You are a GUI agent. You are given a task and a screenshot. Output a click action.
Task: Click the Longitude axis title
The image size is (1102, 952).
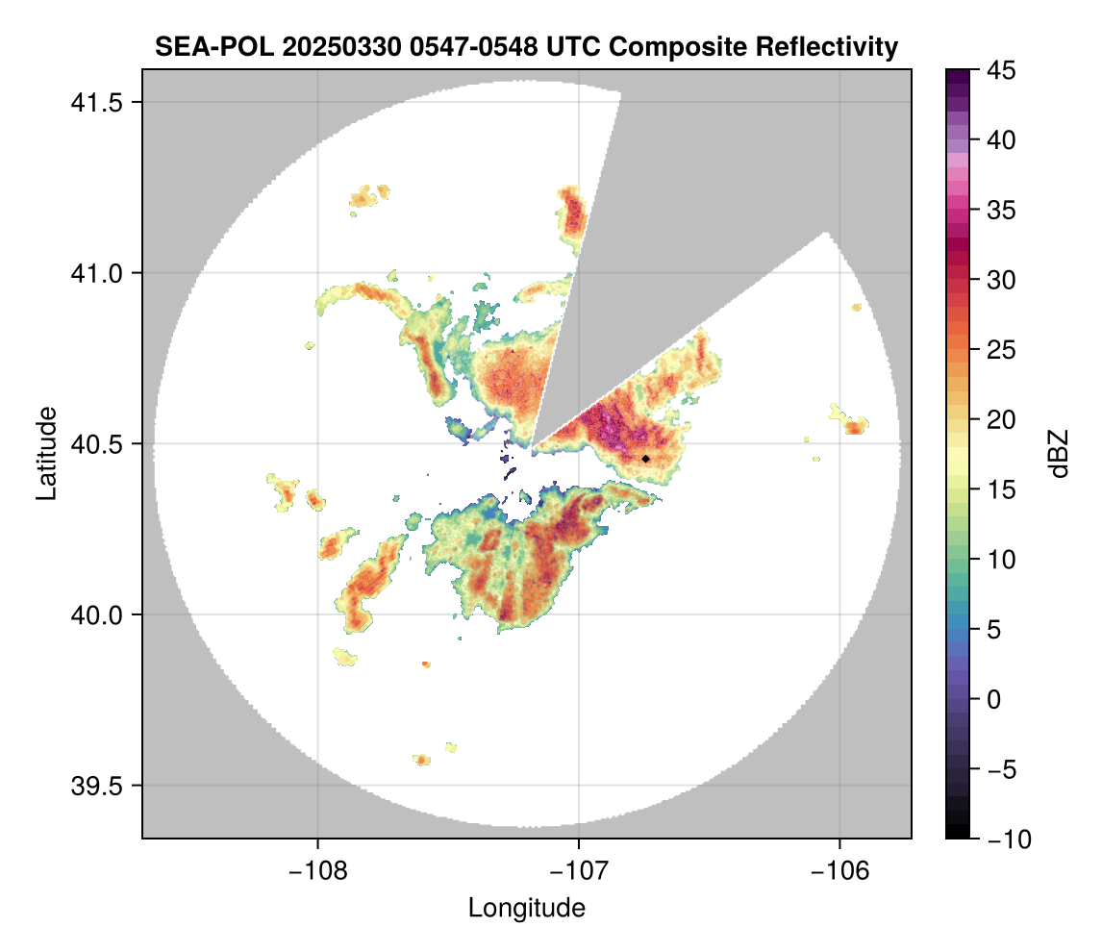click(x=527, y=907)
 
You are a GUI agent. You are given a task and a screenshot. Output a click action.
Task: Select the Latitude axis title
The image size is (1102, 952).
click(x=46, y=453)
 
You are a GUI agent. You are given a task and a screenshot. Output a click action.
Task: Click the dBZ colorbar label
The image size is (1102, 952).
click(x=1059, y=454)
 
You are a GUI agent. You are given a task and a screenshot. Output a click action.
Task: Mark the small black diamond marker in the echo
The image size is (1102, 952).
click(x=645, y=459)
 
